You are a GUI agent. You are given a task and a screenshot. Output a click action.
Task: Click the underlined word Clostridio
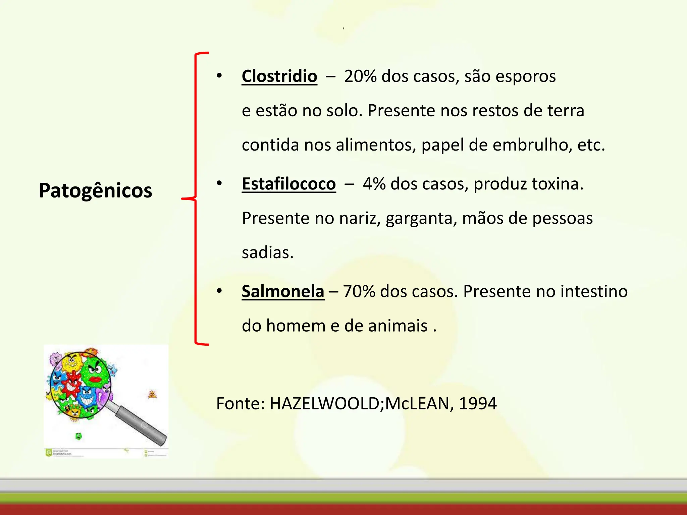279,76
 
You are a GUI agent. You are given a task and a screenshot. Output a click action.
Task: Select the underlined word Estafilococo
288,184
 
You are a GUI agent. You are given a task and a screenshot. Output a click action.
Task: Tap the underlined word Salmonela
283,291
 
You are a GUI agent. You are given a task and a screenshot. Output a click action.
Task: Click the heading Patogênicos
95,190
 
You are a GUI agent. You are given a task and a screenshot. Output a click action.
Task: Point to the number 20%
360,76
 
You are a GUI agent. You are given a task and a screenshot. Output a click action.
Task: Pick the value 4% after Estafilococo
374,184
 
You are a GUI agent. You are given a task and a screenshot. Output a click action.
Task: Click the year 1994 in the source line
477,403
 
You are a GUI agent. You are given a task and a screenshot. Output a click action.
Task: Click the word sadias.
267,253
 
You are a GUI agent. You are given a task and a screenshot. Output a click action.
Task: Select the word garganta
421,219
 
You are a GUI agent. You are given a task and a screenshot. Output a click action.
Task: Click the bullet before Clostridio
219,76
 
